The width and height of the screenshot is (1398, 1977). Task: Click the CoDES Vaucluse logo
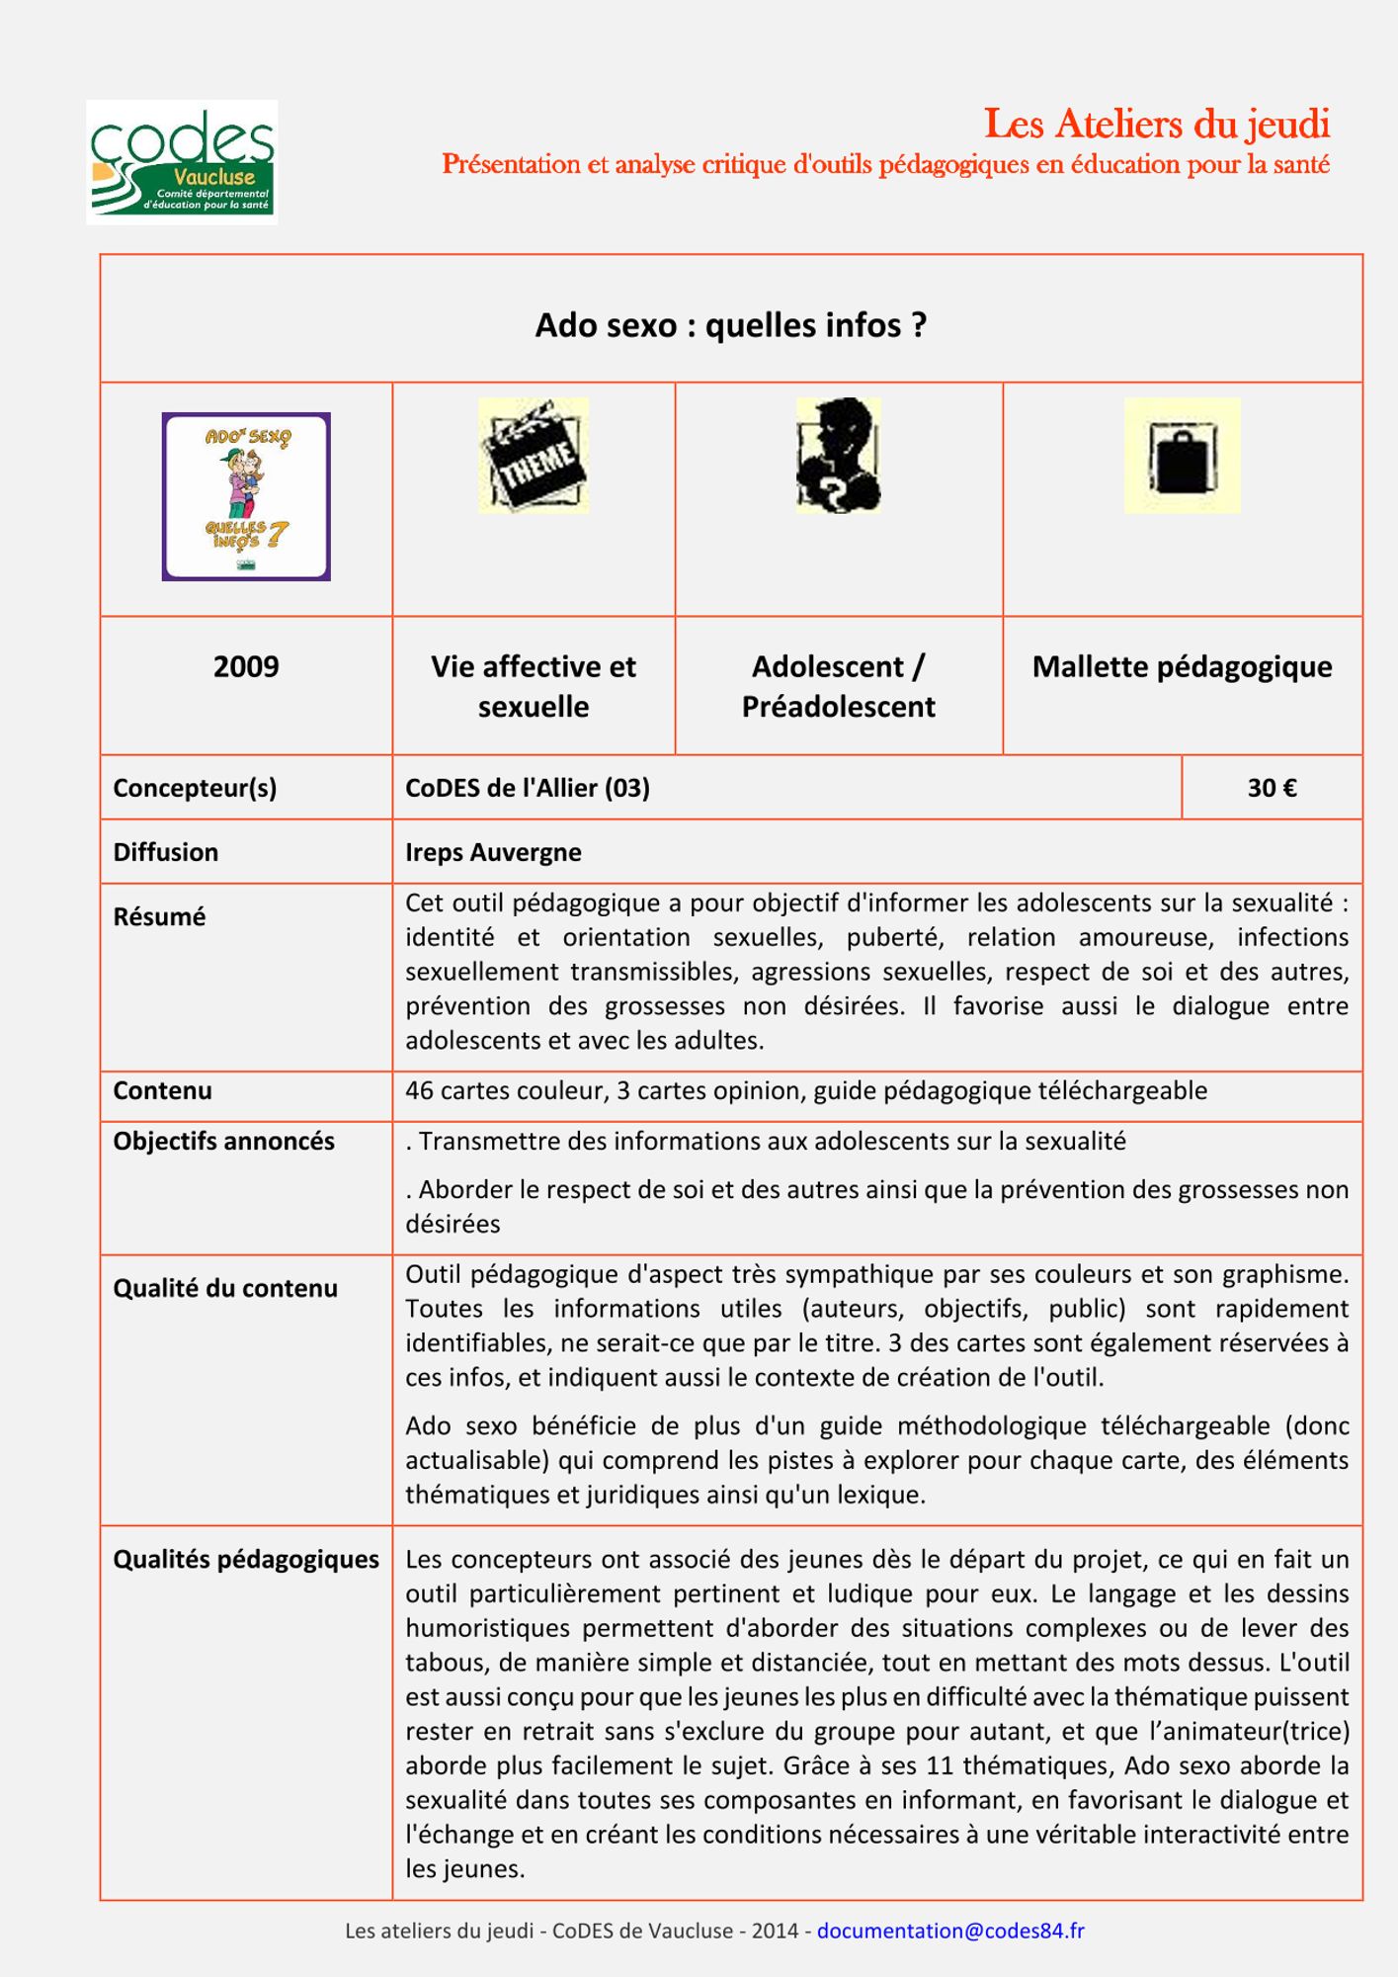coord(182,162)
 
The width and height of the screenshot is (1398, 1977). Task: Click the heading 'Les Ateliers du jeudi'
coord(1156,125)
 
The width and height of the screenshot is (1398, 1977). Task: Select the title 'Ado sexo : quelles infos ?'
coord(730,325)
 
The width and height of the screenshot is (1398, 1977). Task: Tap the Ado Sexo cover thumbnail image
coord(246,496)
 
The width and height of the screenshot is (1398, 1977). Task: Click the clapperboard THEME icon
coord(534,456)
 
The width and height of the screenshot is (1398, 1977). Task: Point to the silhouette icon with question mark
coord(838,456)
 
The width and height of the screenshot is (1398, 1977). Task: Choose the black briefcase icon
coord(1182,456)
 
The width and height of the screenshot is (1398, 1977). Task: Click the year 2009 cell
coord(246,666)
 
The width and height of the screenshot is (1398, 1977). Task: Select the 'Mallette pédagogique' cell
coord(1182,667)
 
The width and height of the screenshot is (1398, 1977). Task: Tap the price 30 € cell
coord(1272,788)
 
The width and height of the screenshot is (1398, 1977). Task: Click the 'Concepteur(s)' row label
coord(195,788)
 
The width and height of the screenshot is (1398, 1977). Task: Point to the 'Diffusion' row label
coord(166,852)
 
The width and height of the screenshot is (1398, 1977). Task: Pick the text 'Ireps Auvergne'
coord(493,852)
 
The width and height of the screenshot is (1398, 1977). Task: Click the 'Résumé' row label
coord(159,916)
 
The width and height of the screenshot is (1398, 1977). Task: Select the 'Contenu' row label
coord(162,1090)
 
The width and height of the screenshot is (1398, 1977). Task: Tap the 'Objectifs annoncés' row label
coord(223,1141)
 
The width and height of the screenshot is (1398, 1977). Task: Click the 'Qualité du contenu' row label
coord(225,1288)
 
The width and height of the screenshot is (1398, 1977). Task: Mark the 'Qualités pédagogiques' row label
coord(246,1559)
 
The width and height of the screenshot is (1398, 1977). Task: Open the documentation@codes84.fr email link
coord(949,1931)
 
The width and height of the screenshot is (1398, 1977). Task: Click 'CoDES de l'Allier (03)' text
coord(528,788)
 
